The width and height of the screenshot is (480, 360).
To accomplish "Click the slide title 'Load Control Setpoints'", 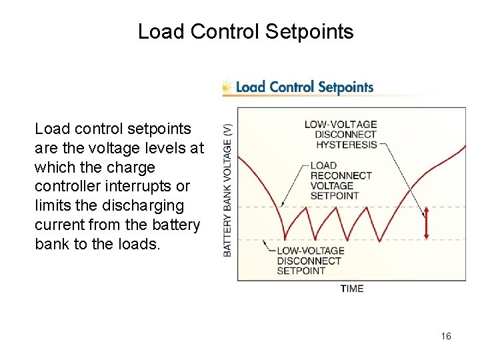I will pos(245,31).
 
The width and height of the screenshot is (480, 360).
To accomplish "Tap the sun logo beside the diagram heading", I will pos(227,87).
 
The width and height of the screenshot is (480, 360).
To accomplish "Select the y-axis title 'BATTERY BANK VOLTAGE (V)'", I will pos(227,190).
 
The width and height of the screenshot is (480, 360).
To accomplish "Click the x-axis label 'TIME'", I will pos(352,288).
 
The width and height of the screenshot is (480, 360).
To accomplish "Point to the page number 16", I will pos(446,336).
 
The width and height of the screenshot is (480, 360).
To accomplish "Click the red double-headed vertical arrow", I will pos(426,223).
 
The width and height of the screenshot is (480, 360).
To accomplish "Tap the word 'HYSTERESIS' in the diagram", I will pos(346,144).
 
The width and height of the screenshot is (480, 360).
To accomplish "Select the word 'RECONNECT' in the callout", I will pos(341,175).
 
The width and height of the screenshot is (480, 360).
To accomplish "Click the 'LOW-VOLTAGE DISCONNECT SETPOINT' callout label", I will pos(310,261).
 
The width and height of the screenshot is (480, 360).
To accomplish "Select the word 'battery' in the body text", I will pos(176,225).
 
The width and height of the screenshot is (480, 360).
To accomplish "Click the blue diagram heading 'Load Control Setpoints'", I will pos(305,87).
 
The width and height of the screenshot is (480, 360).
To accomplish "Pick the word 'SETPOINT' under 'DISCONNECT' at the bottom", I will pos(301,271).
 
